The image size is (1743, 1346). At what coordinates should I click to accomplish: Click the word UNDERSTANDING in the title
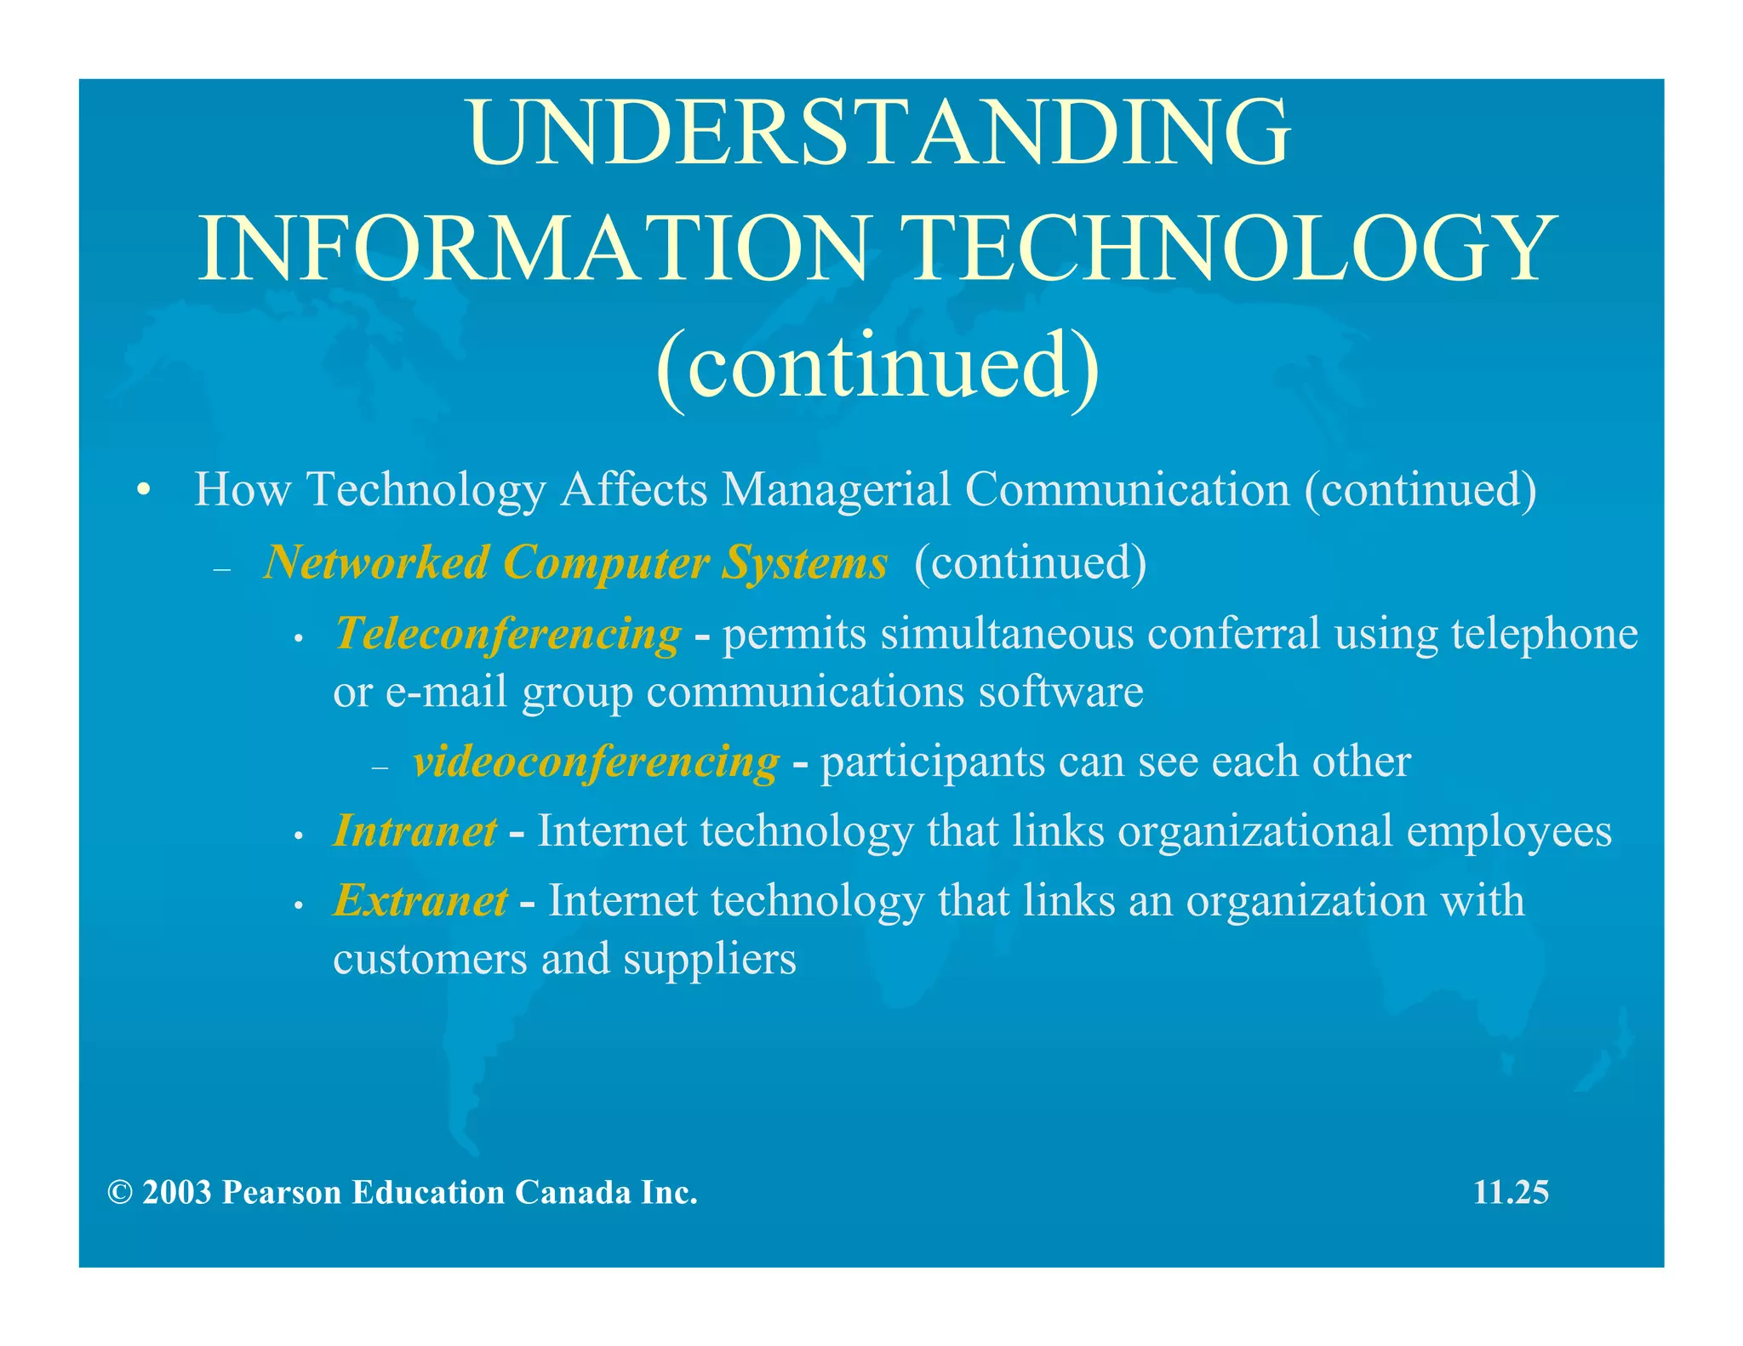(878, 134)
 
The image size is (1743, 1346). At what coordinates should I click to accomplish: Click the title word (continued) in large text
(877, 366)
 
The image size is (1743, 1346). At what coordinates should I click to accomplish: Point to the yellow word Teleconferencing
(508, 634)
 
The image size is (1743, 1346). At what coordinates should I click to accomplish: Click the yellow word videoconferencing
(596, 761)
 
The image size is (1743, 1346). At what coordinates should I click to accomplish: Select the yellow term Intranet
(414, 831)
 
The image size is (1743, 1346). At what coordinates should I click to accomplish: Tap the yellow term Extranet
(420, 901)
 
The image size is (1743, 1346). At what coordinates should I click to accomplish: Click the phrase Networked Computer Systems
(575, 562)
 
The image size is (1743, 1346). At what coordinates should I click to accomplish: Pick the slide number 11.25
(1511, 1192)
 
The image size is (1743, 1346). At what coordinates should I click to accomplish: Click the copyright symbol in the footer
(120, 1193)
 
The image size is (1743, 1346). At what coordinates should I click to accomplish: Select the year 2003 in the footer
(177, 1193)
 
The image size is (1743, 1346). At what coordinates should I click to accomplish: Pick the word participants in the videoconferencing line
(933, 761)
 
